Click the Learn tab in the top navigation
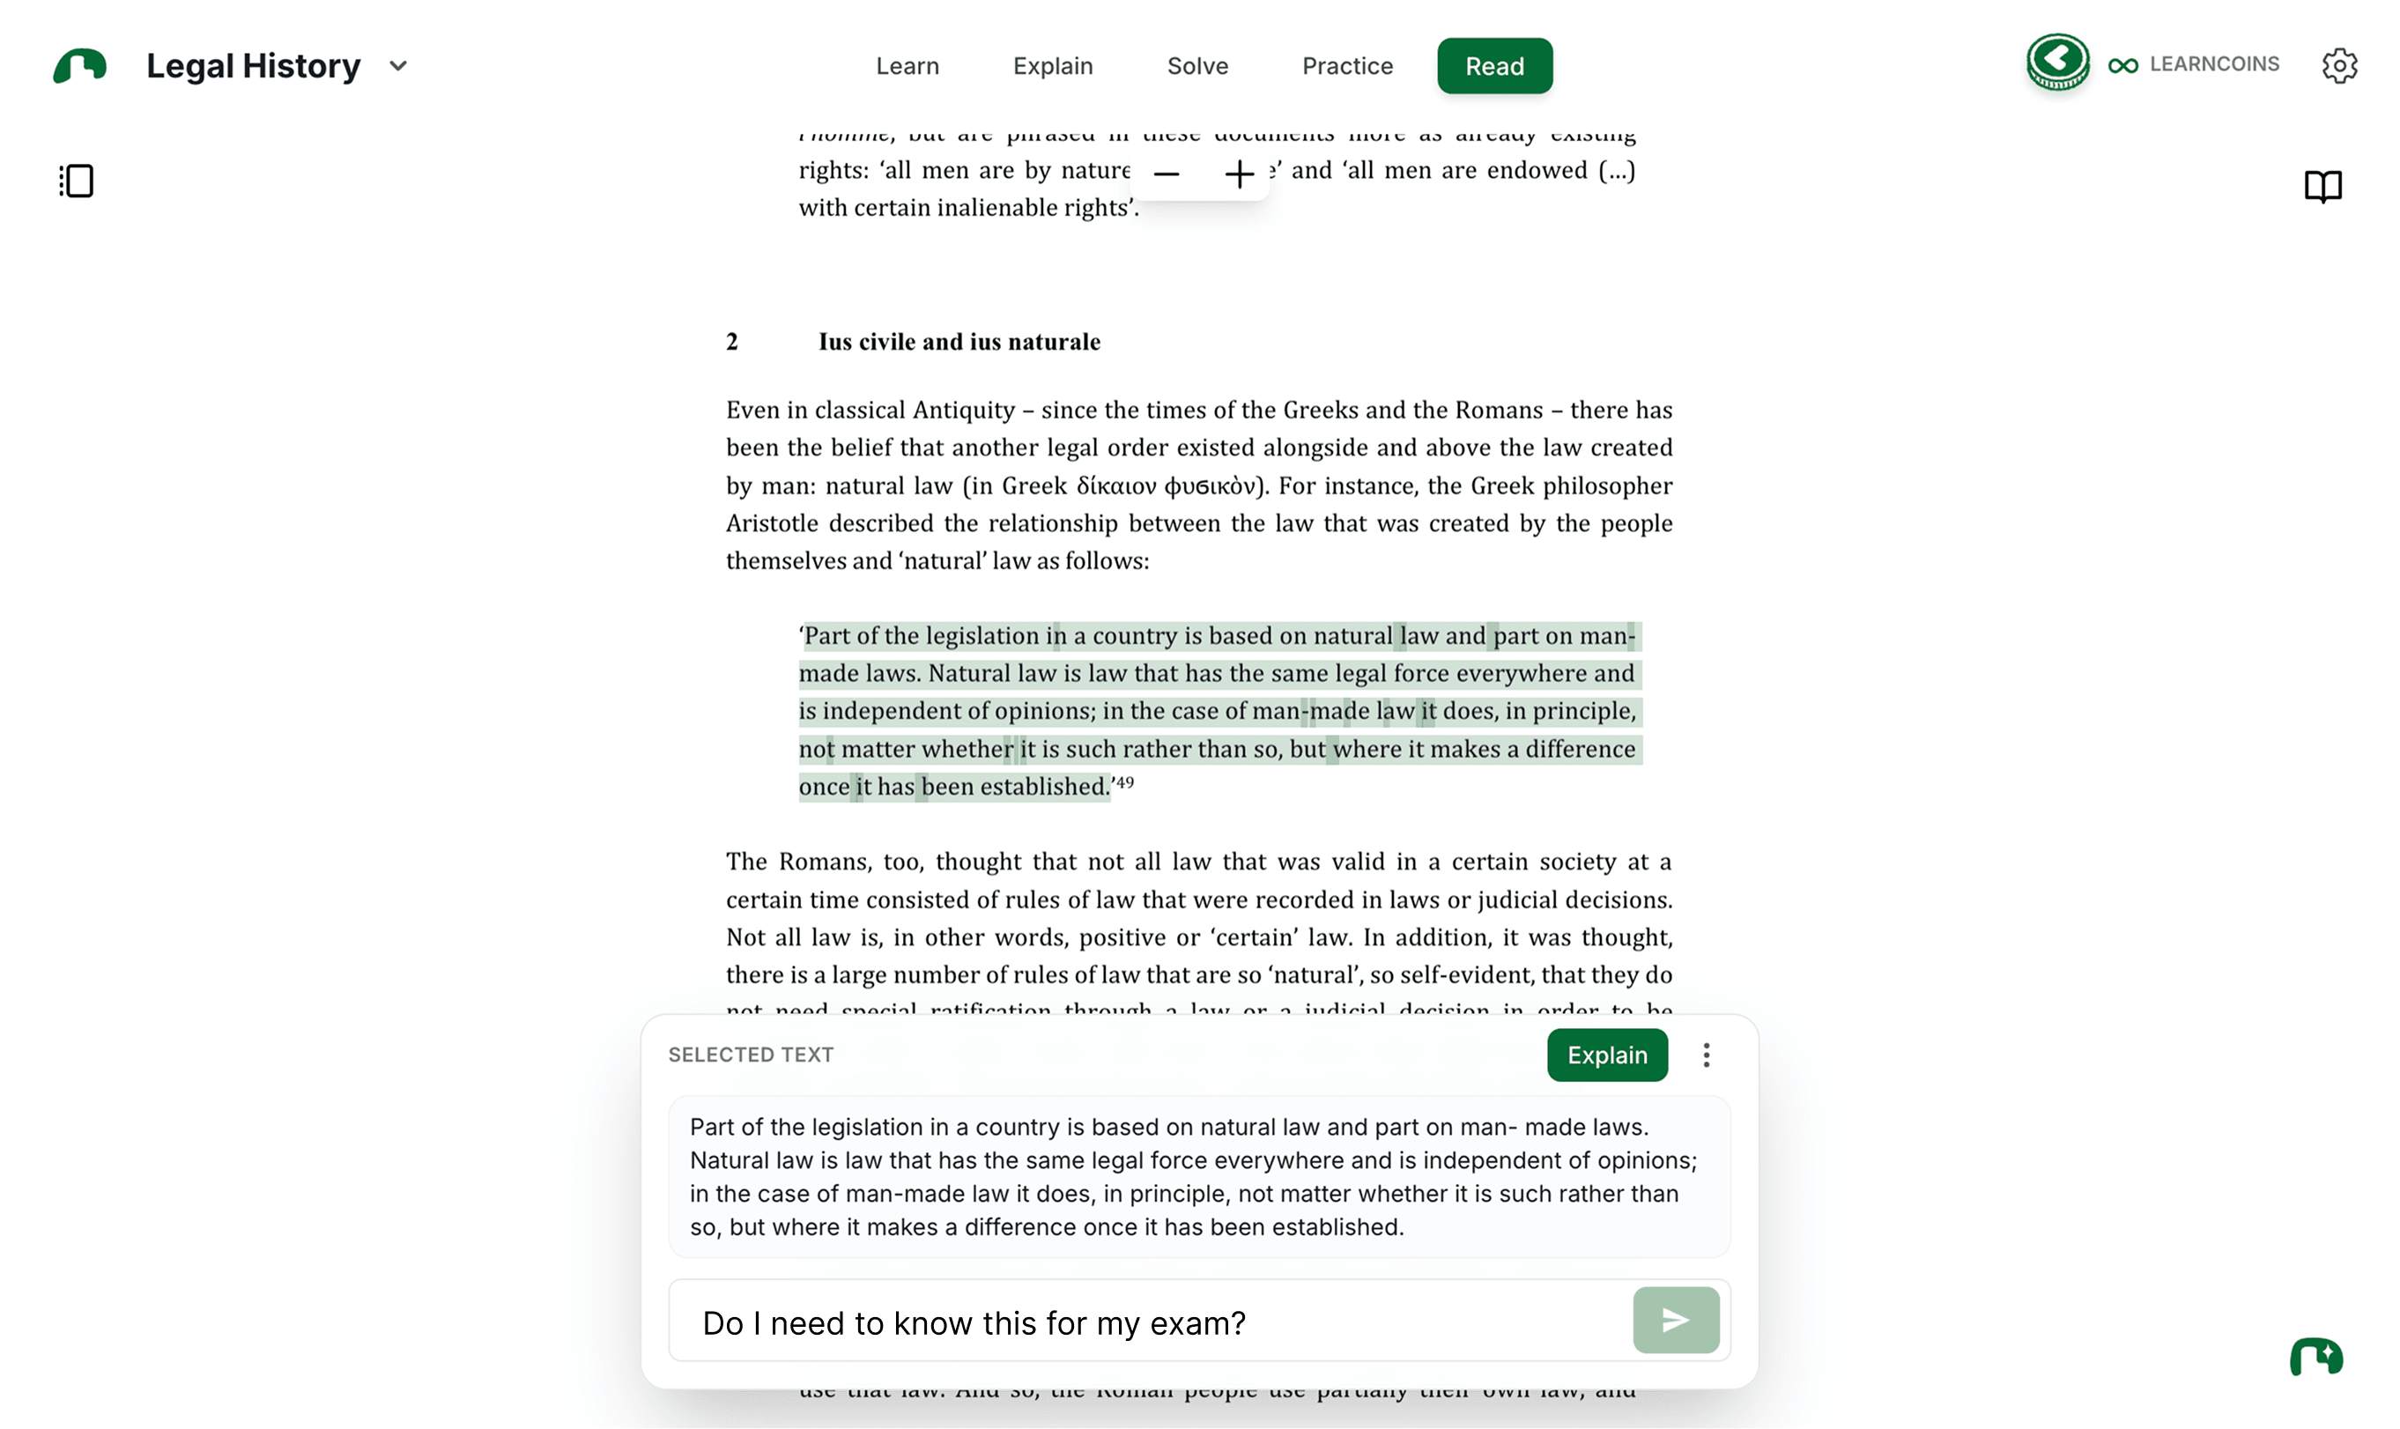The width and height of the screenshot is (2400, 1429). point(907,65)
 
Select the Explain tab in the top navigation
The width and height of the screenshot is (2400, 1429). point(1052,65)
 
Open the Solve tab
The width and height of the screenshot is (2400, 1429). point(1196,65)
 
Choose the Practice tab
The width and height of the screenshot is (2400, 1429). point(1347,65)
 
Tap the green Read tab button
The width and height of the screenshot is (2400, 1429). point(1493,65)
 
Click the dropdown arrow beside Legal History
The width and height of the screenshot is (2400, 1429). point(398,65)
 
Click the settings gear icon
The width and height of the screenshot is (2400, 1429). point(2338,65)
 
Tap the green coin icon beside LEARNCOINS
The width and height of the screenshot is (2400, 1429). point(2056,62)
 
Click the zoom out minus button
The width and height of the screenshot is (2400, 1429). point(1166,174)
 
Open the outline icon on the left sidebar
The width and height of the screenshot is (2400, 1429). point(76,181)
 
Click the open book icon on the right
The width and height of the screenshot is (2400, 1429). point(2322,185)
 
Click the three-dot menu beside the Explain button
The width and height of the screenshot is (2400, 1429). point(1706,1055)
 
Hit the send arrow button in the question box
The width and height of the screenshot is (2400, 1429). point(1675,1319)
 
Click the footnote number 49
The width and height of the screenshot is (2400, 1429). point(1124,782)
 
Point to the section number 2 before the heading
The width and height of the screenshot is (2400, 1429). point(731,342)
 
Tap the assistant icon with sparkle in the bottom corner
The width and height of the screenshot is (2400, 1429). point(2315,1357)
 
